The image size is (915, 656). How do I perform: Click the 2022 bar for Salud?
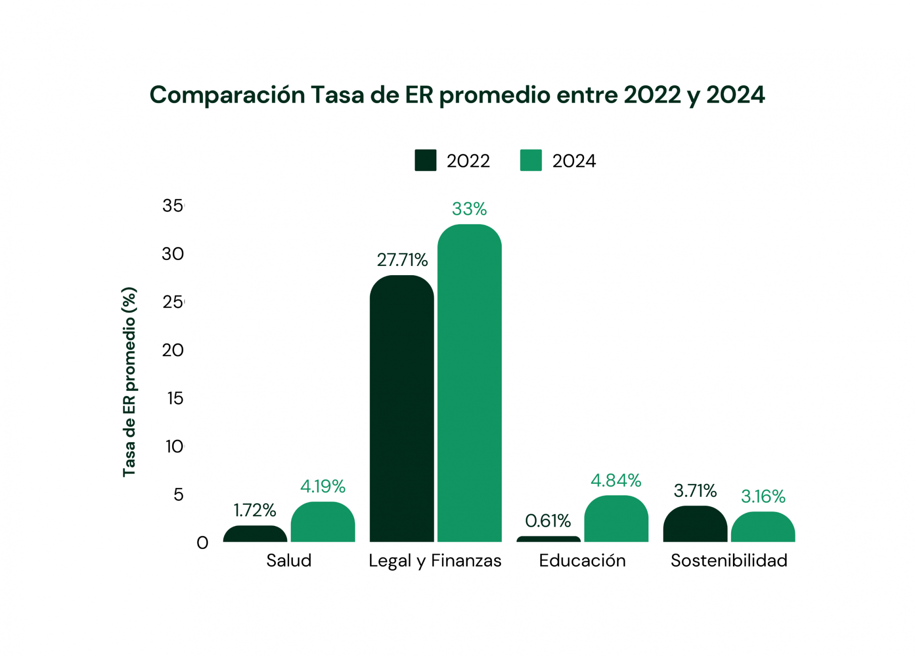click(x=255, y=534)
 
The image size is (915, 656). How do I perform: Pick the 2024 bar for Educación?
click(x=616, y=519)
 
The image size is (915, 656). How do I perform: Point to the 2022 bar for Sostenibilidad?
click(x=694, y=524)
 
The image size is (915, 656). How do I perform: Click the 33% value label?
click(x=469, y=209)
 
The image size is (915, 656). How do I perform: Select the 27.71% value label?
click(x=402, y=260)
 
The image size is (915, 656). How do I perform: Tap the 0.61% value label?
click(x=548, y=521)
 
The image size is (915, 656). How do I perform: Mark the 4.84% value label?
click(x=616, y=481)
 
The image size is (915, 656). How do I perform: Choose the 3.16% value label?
click(x=763, y=496)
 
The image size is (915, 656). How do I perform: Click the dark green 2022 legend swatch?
click(x=425, y=160)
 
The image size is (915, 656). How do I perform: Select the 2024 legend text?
click(x=574, y=161)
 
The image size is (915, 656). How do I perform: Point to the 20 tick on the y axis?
click(x=172, y=350)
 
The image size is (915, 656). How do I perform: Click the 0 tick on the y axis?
click(x=202, y=543)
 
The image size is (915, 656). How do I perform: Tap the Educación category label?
click(x=582, y=560)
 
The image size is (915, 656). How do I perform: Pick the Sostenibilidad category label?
click(x=728, y=560)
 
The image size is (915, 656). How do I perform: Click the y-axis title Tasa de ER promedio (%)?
click(x=129, y=382)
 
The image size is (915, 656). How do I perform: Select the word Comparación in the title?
click(x=227, y=95)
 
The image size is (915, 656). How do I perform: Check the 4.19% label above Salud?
click(x=323, y=486)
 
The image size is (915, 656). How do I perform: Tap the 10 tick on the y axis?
click(x=174, y=446)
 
